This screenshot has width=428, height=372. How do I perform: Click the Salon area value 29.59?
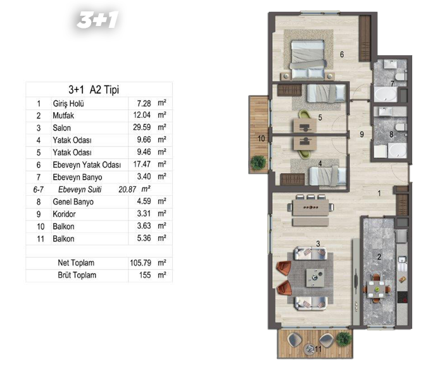pos(142,127)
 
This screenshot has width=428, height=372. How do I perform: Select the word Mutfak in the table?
pos(63,115)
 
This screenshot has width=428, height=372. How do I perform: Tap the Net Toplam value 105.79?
pos(141,263)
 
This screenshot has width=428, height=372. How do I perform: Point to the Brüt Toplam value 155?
pos(145,275)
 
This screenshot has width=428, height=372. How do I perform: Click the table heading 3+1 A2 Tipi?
pos(94,89)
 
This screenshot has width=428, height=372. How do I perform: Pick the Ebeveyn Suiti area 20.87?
pos(127,189)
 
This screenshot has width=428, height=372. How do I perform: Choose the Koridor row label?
pos(64,214)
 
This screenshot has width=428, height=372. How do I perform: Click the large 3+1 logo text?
pos(98,20)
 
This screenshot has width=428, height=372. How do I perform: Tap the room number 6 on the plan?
pos(342,55)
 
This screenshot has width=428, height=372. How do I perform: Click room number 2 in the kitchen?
pos(379,257)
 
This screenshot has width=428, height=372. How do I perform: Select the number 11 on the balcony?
pos(318,349)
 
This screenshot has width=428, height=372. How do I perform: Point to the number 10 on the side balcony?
pos(261,139)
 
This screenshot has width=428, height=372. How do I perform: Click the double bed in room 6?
pos(308,59)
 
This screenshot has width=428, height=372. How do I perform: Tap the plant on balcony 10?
pos(258,162)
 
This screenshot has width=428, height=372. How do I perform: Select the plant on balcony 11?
pos(344,340)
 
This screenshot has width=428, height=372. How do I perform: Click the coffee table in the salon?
pos(315,278)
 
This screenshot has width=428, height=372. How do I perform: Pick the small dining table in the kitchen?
pos(377,289)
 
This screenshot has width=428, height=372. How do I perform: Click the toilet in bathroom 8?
pos(401,127)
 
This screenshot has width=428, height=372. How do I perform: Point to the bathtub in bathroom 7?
pos(386,94)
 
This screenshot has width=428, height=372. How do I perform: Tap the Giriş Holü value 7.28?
pos(144,103)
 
